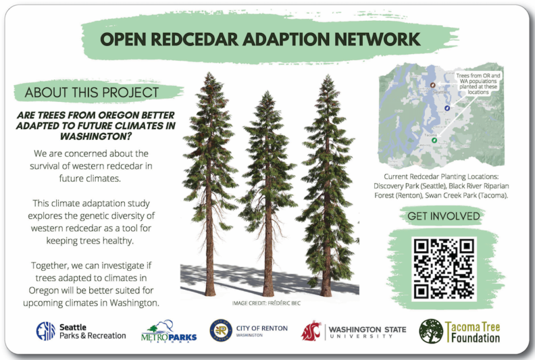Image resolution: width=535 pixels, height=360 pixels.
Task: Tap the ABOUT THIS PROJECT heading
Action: [92, 93]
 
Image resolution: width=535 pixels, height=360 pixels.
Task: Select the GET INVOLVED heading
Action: [444, 216]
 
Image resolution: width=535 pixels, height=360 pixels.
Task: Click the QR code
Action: [444, 268]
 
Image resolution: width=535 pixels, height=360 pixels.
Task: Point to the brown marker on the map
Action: [433, 86]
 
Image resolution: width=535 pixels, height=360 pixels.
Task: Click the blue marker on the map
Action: [447, 107]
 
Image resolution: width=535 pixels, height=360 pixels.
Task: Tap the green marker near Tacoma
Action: [434, 140]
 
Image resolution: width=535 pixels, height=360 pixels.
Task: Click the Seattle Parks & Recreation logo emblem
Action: [46, 330]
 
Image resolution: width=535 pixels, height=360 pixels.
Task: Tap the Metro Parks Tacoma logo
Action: [169, 331]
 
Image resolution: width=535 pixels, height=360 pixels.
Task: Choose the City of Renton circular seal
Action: [221, 330]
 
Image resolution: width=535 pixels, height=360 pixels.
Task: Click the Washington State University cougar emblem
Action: [311, 331]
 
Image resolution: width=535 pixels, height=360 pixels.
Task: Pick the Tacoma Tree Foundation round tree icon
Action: [431, 331]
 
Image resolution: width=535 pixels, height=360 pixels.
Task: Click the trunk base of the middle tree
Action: [268, 293]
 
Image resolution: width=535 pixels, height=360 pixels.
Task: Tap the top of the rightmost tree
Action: [328, 78]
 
